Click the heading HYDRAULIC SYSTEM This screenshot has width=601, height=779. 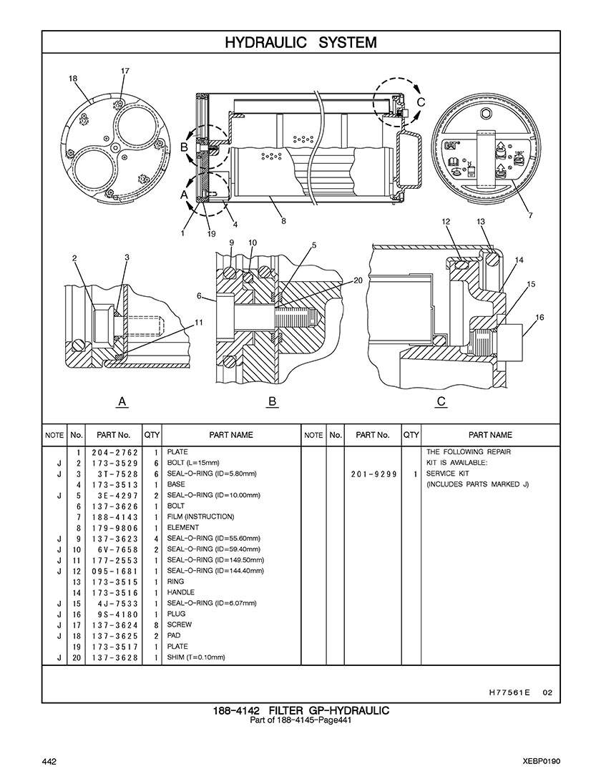pyautogui.click(x=300, y=43)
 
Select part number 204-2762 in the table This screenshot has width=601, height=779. pyautogui.click(x=114, y=453)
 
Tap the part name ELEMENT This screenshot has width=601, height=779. pyautogui.click(x=183, y=528)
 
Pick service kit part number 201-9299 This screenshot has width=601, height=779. pyautogui.click(x=373, y=474)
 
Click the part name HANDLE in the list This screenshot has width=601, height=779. pyautogui.click(x=180, y=592)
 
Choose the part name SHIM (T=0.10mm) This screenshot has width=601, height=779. pyautogui.click(x=196, y=657)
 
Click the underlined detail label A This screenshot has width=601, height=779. pyautogui.click(x=122, y=401)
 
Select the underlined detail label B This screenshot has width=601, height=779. pyautogui.click(x=271, y=401)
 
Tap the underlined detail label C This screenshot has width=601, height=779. pyautogui.click(x=441, y=401)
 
